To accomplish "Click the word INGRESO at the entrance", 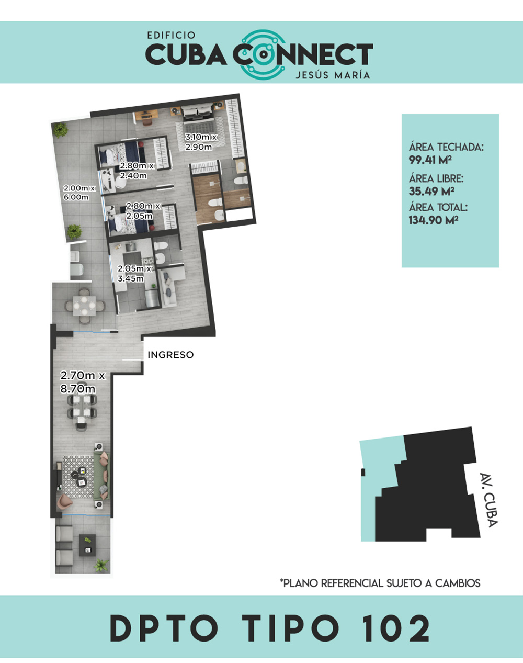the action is click(x=170, y=355).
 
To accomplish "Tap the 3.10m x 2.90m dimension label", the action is click(x=200, y=142).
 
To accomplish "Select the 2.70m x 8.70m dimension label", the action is click(x=83, y=382).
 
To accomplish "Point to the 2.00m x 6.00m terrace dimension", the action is click(x=79, y=192).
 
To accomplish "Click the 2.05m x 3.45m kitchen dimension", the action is click(x=134, y=274).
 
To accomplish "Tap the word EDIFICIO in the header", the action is click(x=171, y=36).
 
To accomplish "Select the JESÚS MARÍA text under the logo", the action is click(x=333, y=75).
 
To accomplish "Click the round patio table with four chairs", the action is click(x=84, y=306).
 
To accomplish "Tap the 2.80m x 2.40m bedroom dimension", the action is click(x=137, y=171).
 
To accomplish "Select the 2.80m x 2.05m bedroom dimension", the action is click(x=143, y=211).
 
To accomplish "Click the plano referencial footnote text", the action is click(x=380, y=583).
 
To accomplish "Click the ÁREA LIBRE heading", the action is click(x=436, y=178).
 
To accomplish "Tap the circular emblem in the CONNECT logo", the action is click(x=264, y=54).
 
